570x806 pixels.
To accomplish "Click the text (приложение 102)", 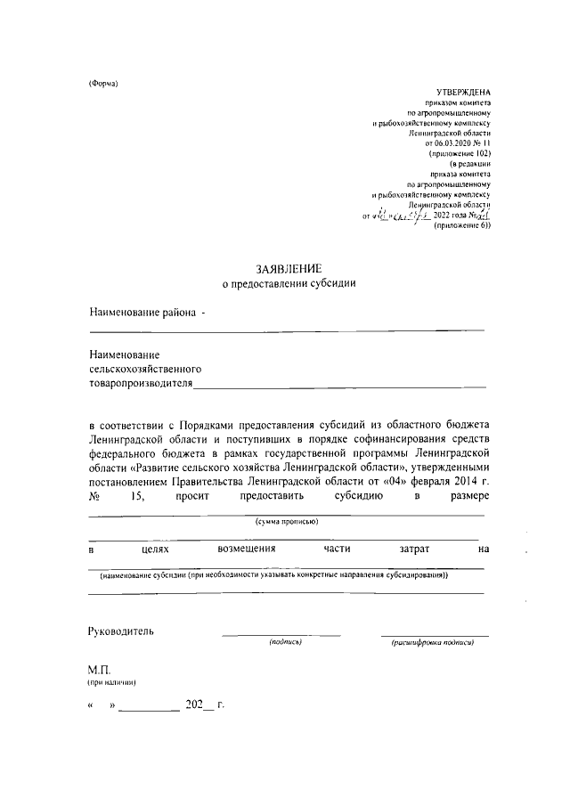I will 460,154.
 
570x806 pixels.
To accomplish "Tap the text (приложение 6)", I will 462,226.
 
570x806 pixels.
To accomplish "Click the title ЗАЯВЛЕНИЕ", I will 288,268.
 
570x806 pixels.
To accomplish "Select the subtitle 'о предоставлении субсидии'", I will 288,284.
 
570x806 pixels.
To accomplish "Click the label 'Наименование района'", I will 142,312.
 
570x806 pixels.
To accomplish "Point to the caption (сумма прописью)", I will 287,521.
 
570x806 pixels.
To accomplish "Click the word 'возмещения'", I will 246,550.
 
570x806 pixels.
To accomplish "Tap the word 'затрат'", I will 415,550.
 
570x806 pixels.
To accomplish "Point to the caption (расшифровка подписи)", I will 432,642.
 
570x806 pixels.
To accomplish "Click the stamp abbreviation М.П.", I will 98,668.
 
